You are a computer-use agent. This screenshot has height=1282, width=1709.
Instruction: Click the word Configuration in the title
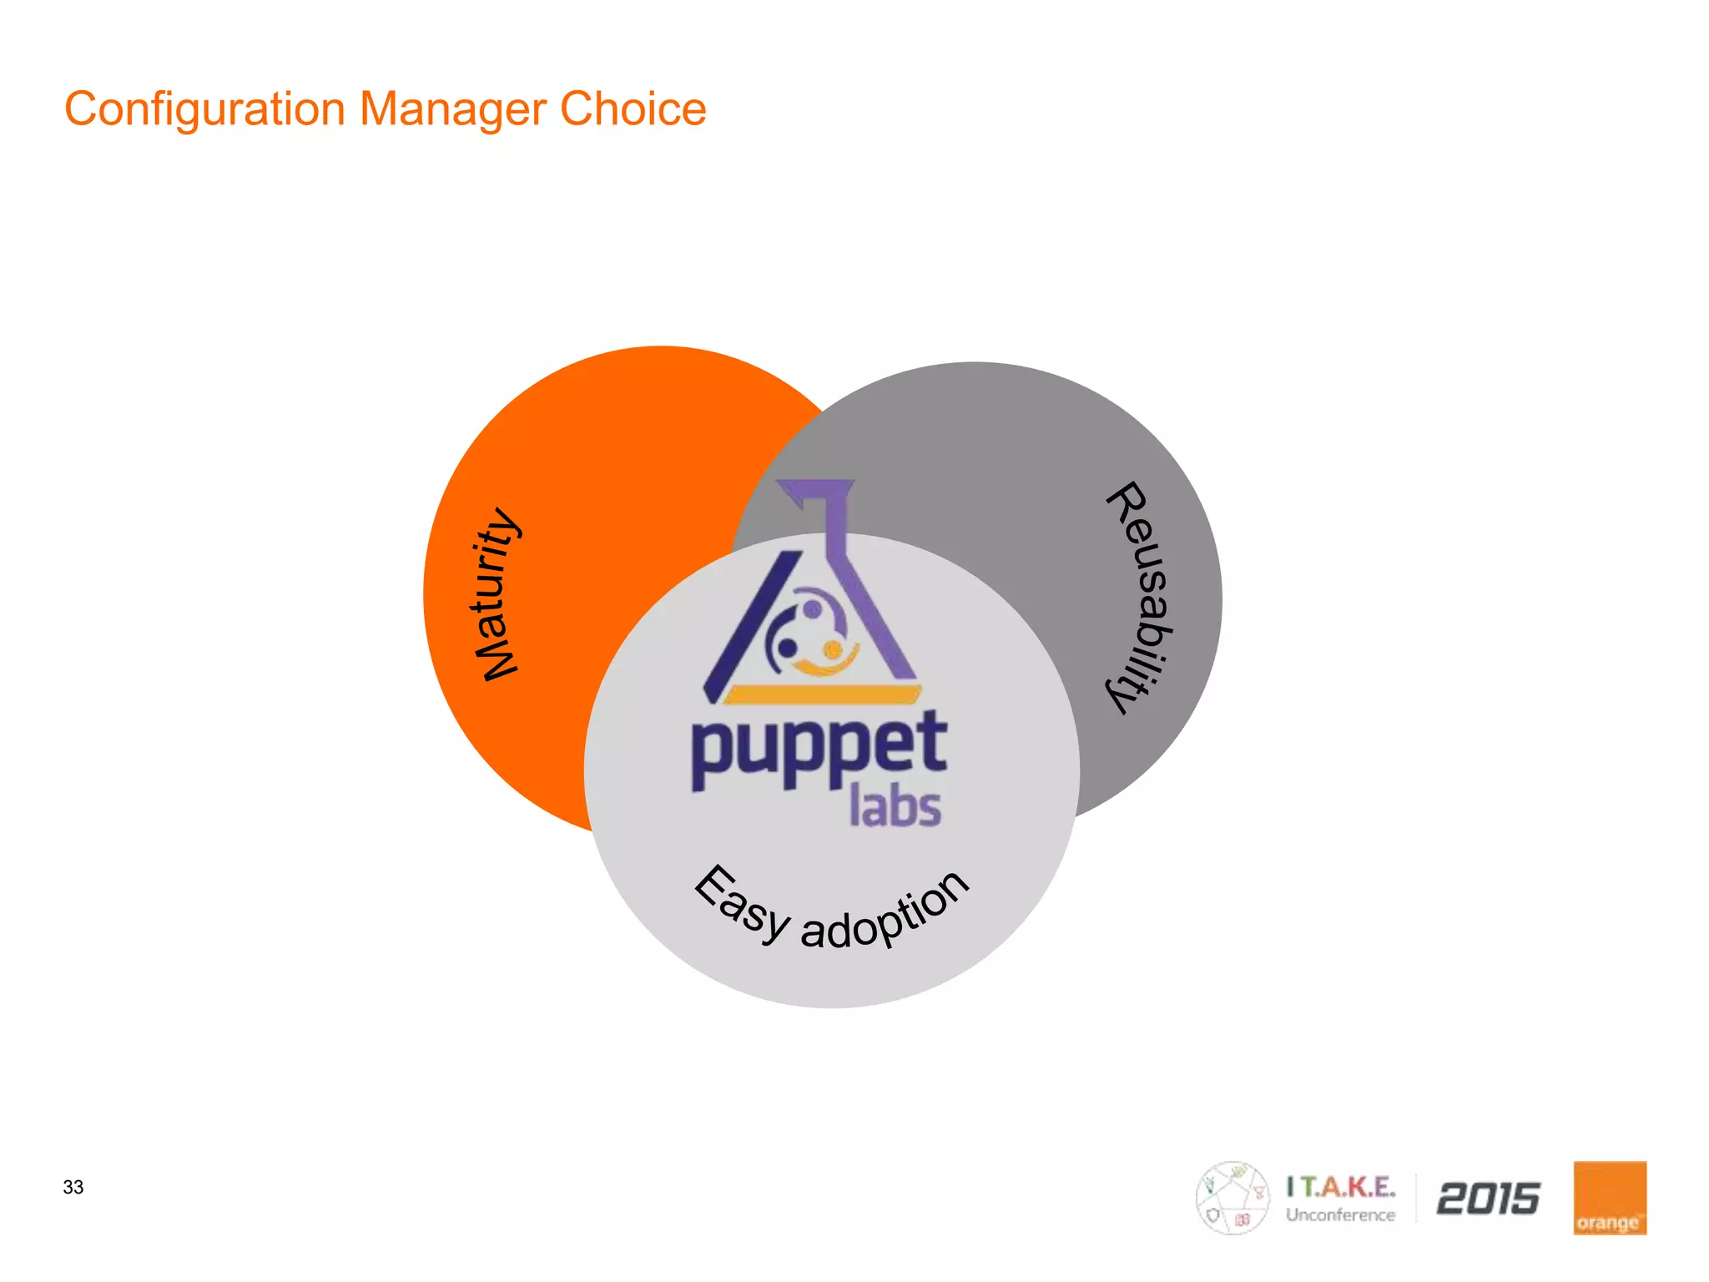[204, 110]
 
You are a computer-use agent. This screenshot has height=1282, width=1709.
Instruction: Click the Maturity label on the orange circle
[496, 594]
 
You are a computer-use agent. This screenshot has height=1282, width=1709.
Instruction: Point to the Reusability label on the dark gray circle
[1141, 597]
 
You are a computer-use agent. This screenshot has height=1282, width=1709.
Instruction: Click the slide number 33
[73, 1187]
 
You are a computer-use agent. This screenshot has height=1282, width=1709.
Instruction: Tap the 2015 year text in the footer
[1488, 1199]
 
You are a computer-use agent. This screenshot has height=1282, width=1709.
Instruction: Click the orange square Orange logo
[1610, 1198]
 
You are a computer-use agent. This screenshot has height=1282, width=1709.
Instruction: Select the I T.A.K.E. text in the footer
[1340, 1186]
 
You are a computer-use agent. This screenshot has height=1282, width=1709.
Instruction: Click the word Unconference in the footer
[1340, 1215]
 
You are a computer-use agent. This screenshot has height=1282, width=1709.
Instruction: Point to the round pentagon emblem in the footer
[1233, 1198]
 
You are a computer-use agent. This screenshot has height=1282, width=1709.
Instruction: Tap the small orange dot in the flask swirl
[832, 649]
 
